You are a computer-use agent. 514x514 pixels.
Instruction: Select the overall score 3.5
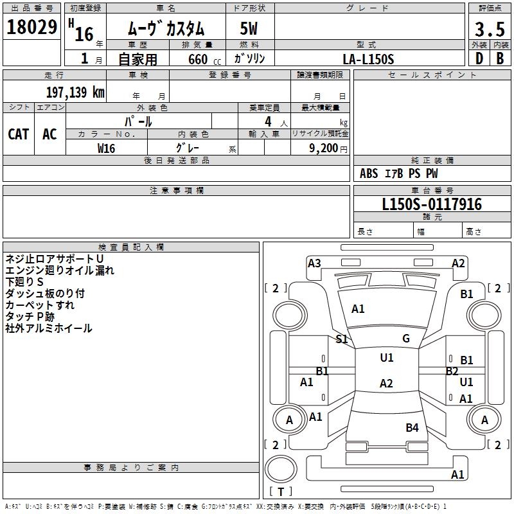[x=489, y=29]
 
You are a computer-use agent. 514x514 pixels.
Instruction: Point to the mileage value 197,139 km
[x=75, y=92]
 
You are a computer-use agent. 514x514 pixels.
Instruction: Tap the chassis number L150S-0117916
[x=431, y=205]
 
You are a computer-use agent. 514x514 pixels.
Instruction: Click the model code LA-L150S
[x=368, y=58]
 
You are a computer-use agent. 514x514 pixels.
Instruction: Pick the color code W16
[x=106, y=148]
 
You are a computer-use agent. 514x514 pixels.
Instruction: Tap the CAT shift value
[x=18, y=134]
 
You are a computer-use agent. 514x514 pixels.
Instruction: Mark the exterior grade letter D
[x=479, y=58]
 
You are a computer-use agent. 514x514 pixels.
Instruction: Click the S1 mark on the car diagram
[x=342, y=339]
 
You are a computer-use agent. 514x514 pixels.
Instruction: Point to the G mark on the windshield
[x=405, y=339]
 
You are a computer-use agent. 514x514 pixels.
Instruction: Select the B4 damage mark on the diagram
[x=412, y=427]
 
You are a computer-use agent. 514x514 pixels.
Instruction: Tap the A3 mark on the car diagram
[x=314, y=263]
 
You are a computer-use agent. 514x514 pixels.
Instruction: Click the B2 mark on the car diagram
[x=452, y=371]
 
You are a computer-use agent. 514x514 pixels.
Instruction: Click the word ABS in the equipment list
[x=369, y=173]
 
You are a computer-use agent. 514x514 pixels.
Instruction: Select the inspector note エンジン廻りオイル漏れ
[x=60, y=270]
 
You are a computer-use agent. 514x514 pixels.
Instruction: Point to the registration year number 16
[x=84, y=33]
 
